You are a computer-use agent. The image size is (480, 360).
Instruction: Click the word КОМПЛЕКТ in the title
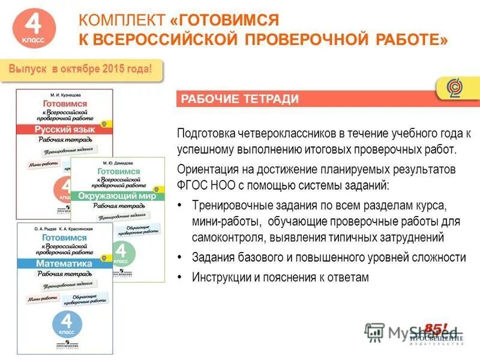pos(121,20)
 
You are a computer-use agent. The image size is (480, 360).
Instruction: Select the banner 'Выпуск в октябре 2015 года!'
pos(85,69)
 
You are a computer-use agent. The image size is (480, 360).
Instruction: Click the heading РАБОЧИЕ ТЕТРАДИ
pos(240,99)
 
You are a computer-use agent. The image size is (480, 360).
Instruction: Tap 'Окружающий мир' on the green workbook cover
pos(118,196)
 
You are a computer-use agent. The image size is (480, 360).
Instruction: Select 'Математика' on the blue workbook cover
pos(63,263)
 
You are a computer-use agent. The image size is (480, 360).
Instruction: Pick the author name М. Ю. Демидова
pos(118,163)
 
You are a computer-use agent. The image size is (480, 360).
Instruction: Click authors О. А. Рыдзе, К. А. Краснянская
pos(64,229)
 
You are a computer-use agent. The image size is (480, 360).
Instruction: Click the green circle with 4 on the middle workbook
pos(120,252)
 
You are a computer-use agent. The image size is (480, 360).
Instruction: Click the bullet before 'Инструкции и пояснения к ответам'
pos(181,277)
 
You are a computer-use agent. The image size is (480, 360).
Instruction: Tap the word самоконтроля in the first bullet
pos(221,238)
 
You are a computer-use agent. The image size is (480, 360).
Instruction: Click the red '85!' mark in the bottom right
pos(436,328)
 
